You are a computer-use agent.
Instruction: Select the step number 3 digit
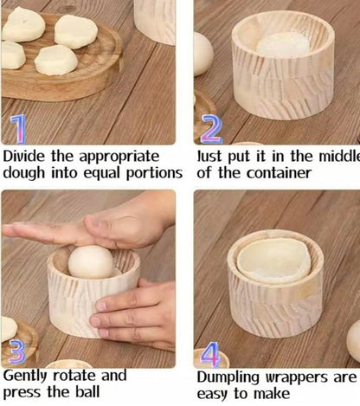tap(16, 351)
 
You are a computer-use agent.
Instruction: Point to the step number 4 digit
tap(209, 356)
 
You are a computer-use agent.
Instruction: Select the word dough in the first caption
tap(23, 172)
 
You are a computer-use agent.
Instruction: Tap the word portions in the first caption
tap(153, 172)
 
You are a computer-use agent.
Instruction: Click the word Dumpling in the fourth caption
tap(228, 378)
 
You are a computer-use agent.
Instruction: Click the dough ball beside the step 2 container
tap(202, 54)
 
